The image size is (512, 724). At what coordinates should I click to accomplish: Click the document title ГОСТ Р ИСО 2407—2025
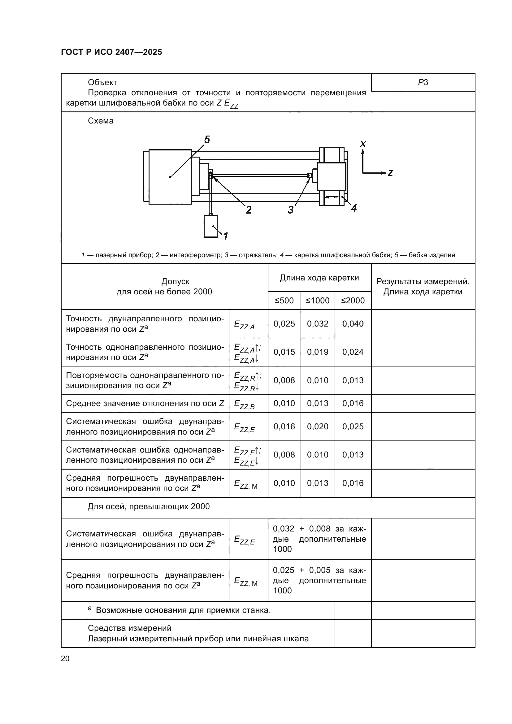[111, 52]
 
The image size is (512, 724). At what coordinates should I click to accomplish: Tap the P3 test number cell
[423, 83]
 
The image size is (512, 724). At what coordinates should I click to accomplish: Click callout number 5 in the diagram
[207, 139]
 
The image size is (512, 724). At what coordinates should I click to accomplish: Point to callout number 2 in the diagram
[249, 210]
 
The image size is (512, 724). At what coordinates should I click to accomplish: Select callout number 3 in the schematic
[290, 210]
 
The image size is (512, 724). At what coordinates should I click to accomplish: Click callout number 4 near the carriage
[354, 208]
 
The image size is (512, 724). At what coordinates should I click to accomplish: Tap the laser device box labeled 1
[210, 226]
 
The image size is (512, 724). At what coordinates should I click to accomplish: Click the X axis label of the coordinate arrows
[363, 144]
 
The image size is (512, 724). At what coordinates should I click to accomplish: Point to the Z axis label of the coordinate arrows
[390, 173]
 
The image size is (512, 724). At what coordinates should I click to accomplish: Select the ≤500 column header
[284, 301]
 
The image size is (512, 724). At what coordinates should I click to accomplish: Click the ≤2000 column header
[353, 301]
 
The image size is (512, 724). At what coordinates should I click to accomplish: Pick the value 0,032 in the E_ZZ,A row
[318, 324]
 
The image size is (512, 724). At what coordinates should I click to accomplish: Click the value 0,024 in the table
[353, 352]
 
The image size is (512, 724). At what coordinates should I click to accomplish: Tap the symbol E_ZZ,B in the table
[244, 404]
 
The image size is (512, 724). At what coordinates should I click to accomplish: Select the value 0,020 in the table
[318, 427]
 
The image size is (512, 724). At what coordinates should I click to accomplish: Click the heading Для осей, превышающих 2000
[149, 506]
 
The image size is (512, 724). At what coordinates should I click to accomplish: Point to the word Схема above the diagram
[101, 121]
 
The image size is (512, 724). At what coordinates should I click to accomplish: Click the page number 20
[65, 658]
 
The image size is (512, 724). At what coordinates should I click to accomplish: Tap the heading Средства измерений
[130, 628]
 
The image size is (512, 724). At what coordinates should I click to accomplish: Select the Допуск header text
[175, 281]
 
